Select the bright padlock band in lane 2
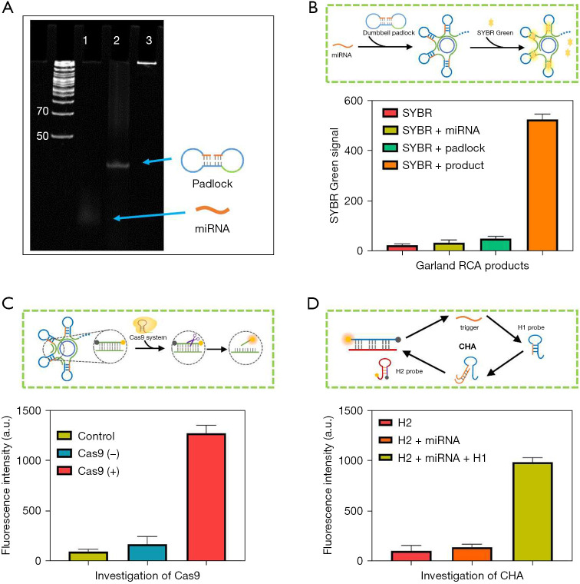117,164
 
